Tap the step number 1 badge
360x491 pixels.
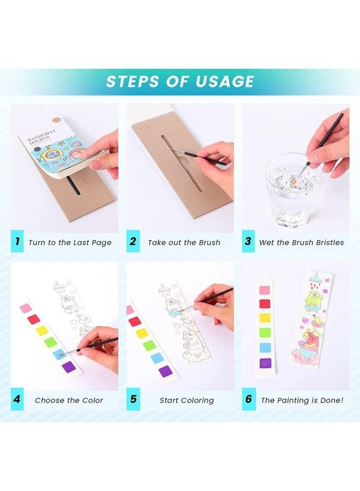click(17, 242)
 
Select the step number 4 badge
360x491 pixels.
click(17, 399)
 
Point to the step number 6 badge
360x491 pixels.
click(249, 399)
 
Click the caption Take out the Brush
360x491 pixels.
click(184, 242)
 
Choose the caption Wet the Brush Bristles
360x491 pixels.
click(301, 242)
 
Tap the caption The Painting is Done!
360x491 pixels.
click(302, 400)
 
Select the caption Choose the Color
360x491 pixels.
click(69, 400)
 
